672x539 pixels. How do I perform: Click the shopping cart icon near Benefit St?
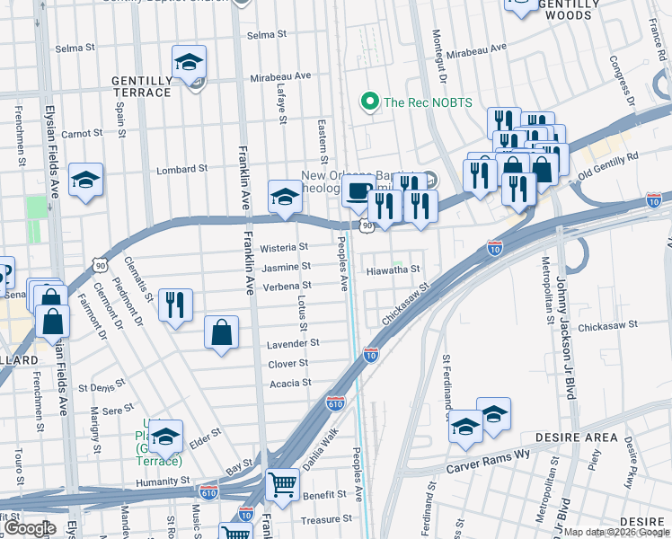(283, 485)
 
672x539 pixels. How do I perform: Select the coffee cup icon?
(358, 191)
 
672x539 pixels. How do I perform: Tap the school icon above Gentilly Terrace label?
(189, 62)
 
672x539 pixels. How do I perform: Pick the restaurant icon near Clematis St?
(175, 304)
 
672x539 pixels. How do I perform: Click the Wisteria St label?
(284, 247)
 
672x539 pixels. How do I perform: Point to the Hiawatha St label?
(393, 269)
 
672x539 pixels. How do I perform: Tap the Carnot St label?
(83, 133)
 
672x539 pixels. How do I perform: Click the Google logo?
(29, 529)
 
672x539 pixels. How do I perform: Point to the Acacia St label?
(290, 383)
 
